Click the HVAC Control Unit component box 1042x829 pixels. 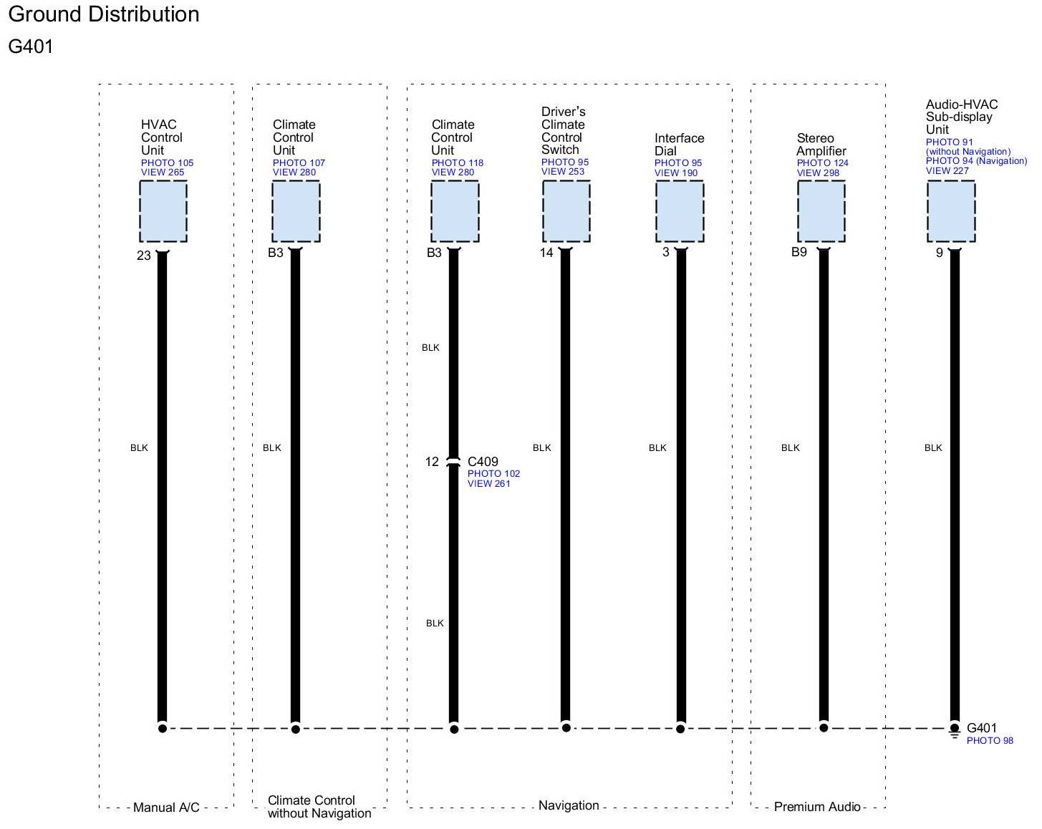coord(163,211)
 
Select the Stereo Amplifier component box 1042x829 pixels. coord(821,211)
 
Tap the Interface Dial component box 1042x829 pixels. coord(680,211)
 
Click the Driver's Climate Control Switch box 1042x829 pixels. coord(566,211)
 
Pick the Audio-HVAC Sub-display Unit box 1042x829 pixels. coord(951,211)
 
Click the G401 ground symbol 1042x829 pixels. coord(955,730)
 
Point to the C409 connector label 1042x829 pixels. coord(483,462)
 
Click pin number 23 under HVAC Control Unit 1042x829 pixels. coord(144,256)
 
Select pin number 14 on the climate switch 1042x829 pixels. coord(546,253)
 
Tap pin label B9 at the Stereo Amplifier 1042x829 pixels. coord(799,252)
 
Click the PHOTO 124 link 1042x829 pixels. coord(823,163)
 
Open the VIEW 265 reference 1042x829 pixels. coord(163,173)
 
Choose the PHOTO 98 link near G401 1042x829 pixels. coord(990,741)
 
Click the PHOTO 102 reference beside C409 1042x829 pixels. coord(493,474)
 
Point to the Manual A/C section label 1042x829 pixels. coord(166,808)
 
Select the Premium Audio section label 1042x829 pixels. coord(817,807)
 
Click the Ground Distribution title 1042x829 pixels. coord(104,14)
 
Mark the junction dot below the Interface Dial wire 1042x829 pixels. coord(680,729)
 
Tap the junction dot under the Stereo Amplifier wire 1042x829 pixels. coord(824,728)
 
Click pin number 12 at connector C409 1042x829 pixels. coord(432,462)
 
